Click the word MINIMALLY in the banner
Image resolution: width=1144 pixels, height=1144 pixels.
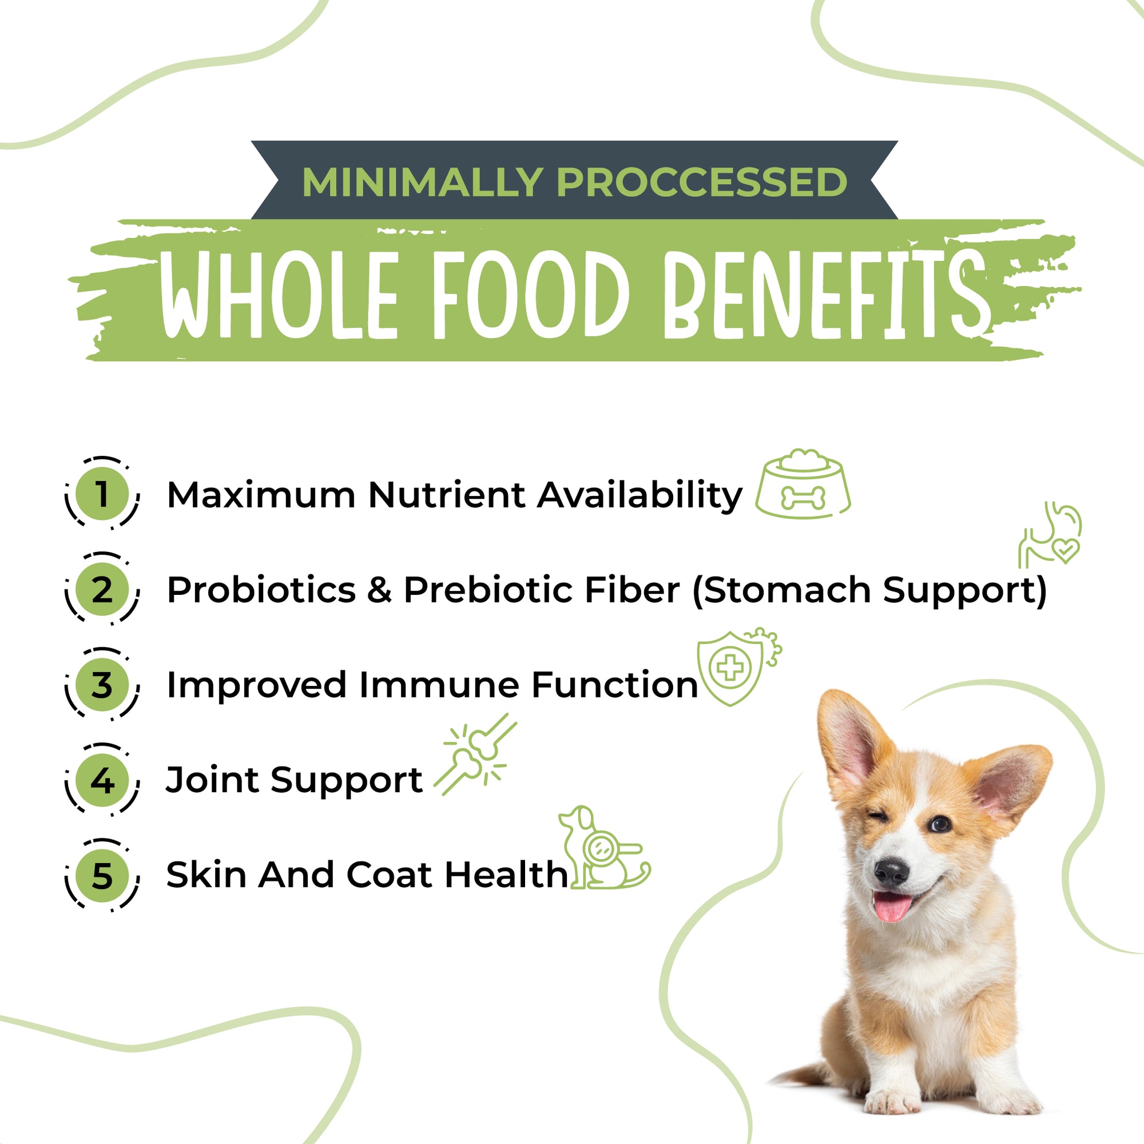click(422, 182)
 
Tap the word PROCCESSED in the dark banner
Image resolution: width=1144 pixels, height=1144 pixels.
click(702, 182)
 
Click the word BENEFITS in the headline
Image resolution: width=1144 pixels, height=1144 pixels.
click(825, 294)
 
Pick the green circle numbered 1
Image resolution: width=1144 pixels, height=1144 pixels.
click(102, 493)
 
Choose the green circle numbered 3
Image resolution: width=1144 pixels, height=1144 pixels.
click(102, 685)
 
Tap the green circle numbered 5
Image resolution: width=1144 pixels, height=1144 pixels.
click(102, 875)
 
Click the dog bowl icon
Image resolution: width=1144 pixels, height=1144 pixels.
click(803, 484)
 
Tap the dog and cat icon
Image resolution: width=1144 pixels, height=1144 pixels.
click(604, 847)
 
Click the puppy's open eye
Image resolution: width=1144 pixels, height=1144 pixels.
click(940, 823)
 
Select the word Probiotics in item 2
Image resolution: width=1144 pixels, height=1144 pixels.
click(261, 590)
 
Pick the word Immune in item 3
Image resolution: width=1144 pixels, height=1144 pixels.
click(439, 685)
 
